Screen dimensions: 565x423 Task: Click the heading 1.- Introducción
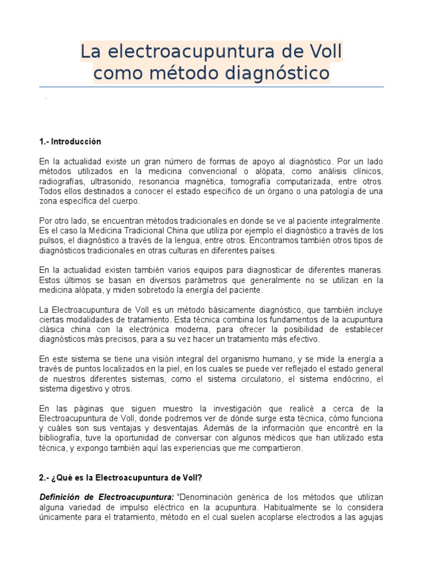pyautogui.click(x=70, y=142)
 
